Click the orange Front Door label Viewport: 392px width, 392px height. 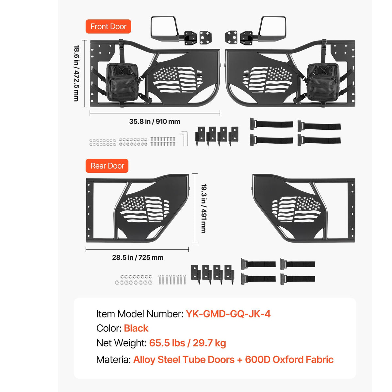(x=108, y=26)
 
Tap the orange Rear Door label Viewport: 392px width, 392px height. (x=107, y=166)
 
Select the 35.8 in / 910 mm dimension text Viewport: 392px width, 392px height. (x=155, y=122)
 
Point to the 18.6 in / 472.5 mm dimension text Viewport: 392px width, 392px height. (x=76, y=73)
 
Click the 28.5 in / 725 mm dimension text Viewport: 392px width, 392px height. (x=138, y=257)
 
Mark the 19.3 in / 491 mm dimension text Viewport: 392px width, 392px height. (x=204, y=208)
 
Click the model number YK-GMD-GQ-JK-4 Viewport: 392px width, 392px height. (x=228, y=314)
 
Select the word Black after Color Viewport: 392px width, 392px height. (x=136, y=328)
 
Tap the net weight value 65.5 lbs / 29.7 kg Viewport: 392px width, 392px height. (x=188, y=343)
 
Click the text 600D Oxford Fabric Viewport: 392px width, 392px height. (x=289, y=359)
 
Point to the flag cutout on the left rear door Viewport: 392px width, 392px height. (x=145, y=209)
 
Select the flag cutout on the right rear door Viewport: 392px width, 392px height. (x=296, y=209)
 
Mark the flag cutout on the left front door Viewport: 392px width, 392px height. (x=177, y=80)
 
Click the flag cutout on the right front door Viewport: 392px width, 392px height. (x=268, y=80)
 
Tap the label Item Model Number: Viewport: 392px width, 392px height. (x=140, y=314)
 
